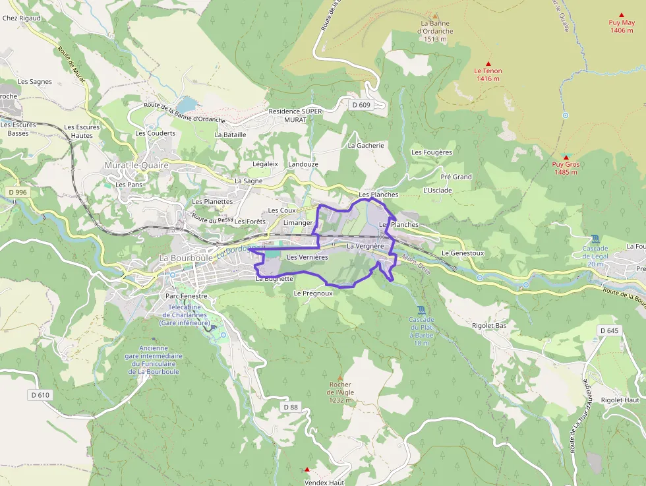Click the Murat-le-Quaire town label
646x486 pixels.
(136, 166)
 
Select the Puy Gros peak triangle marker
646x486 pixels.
(566, 158)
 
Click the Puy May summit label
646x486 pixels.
(622, 26)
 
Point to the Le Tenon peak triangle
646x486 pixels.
(488, 63)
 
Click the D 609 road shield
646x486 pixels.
(361, 105)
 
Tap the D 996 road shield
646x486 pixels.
(18, 192)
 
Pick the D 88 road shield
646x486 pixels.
(291, 407)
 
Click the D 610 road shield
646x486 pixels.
(40, 395)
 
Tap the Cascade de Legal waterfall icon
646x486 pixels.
(595, 239)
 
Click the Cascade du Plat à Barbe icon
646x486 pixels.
(422, 310)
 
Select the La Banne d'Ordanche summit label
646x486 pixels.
(436, 31)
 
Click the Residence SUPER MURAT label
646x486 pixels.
(295, 115)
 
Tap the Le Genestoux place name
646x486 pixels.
(463, 253)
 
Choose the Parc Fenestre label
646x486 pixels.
(187, 296)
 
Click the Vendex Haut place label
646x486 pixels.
(324, 482)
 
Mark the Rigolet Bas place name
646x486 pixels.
(489, 325)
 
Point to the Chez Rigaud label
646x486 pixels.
(21, 18)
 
